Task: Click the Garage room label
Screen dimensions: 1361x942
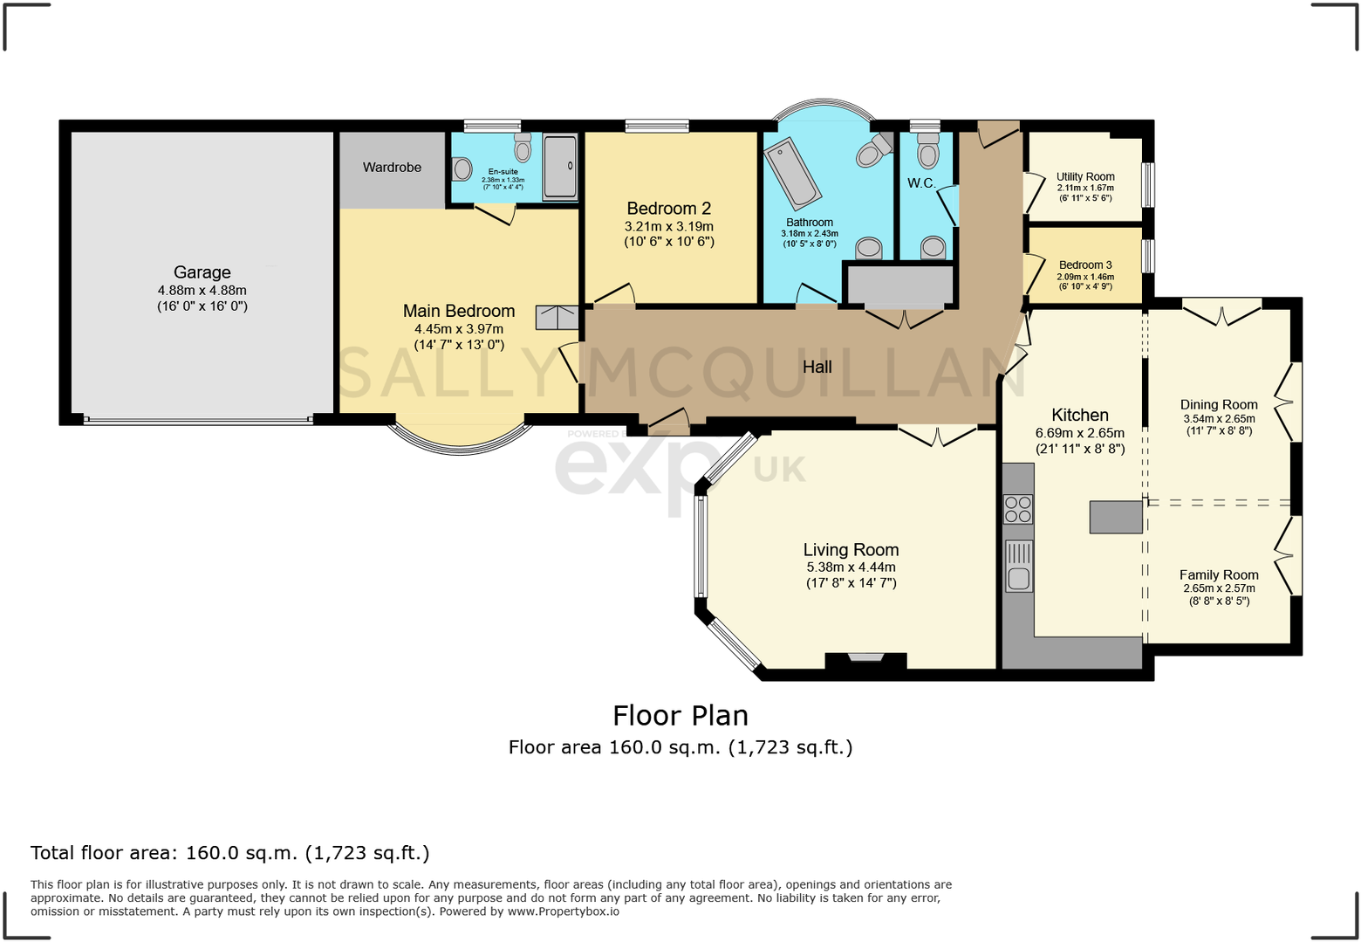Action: click(202, 272)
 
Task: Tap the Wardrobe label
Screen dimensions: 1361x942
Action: click(392, 168)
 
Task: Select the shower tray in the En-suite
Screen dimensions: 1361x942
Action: click(560, 167)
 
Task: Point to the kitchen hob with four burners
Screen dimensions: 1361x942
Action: click(1018, 510)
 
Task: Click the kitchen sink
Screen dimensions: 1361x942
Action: click(1018, 566)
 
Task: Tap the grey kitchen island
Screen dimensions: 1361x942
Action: click(1116, 517)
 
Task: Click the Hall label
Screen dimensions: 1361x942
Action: click(817, 367)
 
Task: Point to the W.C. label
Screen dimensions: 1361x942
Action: click(921, 183)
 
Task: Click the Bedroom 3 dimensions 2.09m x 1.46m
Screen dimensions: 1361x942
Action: click(1085, 276)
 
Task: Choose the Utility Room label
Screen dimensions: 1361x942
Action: click(1085, 176)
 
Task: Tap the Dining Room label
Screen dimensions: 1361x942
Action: click(1219, 404)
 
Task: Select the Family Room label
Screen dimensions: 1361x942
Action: click(1219, 574)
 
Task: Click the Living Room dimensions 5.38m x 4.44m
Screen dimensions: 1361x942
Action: click(851, 567)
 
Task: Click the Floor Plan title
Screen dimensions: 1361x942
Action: click(680, 716)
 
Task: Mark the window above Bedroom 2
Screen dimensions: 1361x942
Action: click(657, 126)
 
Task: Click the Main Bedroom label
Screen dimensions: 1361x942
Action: click(459, 311)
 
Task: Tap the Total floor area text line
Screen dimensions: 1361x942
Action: click(230, 853)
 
